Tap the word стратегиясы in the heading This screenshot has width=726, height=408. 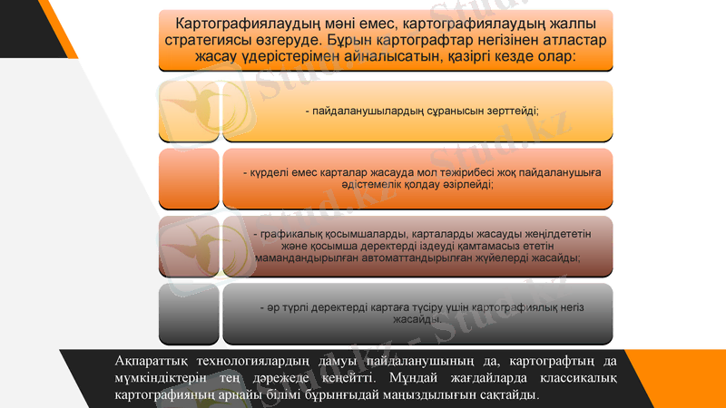click(207, 40)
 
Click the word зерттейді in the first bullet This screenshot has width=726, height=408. click(509, 110)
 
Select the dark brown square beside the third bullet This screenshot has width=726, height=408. click(188, 245)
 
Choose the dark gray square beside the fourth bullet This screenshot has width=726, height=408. click(188, 314)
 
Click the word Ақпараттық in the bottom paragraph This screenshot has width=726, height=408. click(145, 362)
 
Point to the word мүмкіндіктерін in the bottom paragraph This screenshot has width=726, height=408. click(156, 378)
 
